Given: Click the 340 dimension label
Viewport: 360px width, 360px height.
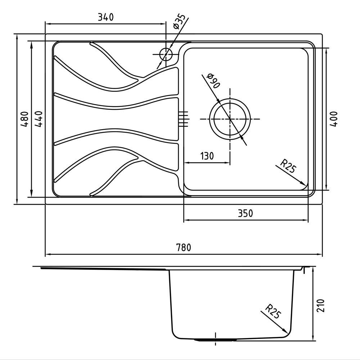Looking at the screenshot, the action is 106,17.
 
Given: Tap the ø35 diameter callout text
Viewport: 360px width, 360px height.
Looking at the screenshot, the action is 179,22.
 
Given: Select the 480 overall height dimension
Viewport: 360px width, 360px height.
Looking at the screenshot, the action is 24,119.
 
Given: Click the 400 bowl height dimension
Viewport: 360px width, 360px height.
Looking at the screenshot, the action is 334,119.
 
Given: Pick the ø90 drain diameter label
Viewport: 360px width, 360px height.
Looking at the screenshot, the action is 213,81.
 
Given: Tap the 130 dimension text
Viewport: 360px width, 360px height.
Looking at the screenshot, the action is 207,156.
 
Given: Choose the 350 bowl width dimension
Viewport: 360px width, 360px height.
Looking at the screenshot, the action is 246,213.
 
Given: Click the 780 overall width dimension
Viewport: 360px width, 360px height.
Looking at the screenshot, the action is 184,248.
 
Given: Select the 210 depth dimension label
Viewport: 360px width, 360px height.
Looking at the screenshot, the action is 321,306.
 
